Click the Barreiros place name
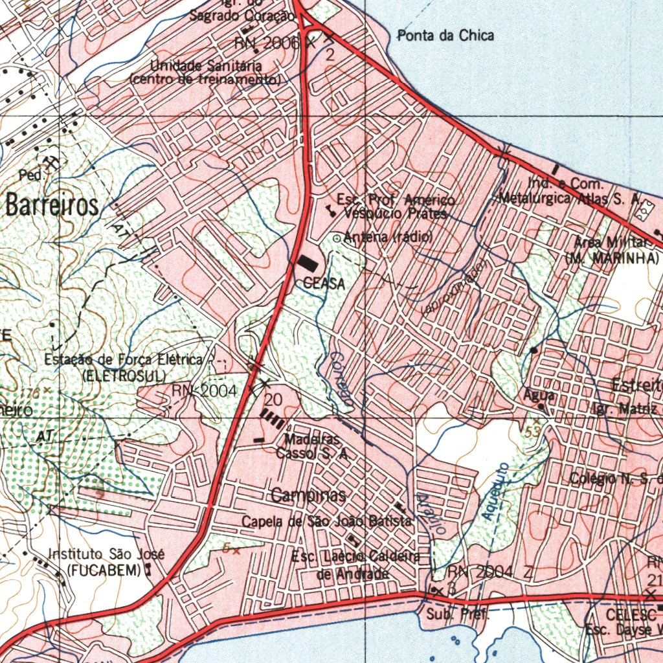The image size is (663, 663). pyautogui.click(x=52, y=205)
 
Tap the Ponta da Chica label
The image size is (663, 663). pyautogui.click(x=445, y=36)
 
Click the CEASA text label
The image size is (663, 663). pyautogui.click(x=324, y=284)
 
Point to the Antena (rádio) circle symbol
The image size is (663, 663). pyautogui.click(x=336, y=238)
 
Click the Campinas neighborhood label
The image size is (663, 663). pyautogui.click(x=308, y=497)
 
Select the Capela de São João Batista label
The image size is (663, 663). pyautogui.click(x=327, y=522)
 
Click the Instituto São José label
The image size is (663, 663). pyautogui.click(x=107, y=555)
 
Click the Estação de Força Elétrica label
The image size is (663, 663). pyautogui.click(x=123, y=360)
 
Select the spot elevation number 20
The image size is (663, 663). pyautogui.click(x=273, y=398)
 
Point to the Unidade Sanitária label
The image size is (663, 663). pyautogui.click(x=206, y=66)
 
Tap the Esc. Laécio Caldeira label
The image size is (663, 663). pyautogui.click(x=355, y=557)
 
